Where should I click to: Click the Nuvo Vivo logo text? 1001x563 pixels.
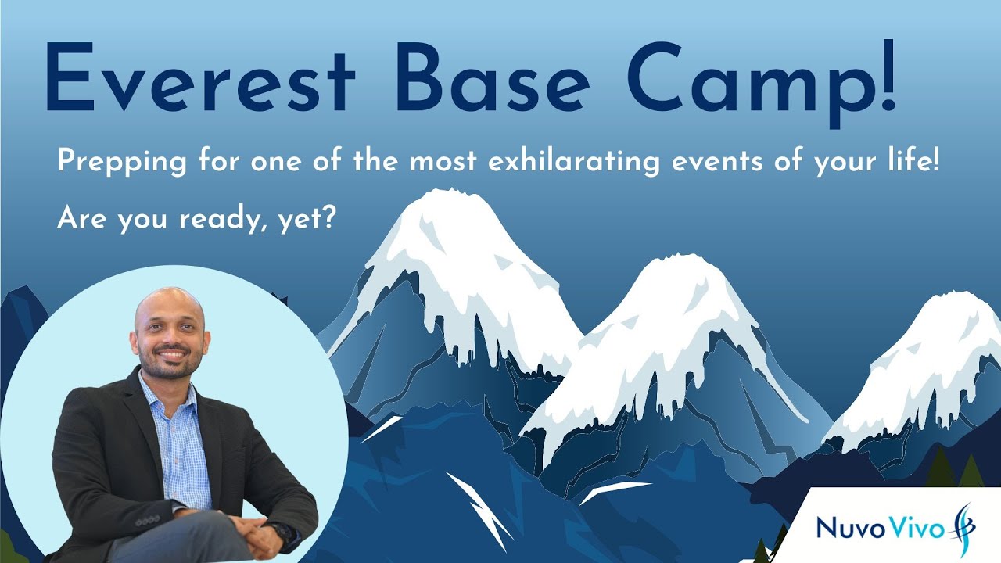point(875,526)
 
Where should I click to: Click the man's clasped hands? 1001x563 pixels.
point(250,539)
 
